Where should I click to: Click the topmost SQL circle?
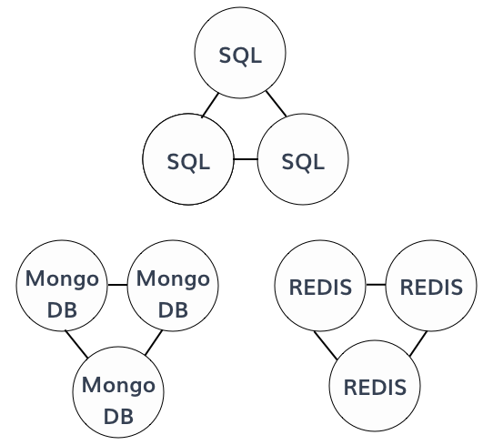point(240,53)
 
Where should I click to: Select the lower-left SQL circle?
point(188,159)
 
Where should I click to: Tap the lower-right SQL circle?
point(303,159)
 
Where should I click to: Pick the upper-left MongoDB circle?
point(62,286)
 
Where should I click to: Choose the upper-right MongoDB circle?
point(173,286)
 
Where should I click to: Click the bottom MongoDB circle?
point(118,392)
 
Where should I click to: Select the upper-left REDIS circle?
point(320,286)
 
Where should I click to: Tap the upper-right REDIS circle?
point(431,286)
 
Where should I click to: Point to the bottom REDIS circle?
point(375,386)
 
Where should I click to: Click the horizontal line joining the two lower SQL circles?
point(246,159)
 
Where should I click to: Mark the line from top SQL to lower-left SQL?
point(210,106)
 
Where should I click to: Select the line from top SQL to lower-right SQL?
point(277,104)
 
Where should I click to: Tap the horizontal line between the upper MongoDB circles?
point(117,285)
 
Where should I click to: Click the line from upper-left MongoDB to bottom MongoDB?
point(76,344)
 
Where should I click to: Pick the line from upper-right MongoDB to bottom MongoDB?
point(154,342)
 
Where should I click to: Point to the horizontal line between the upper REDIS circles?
point(376,285)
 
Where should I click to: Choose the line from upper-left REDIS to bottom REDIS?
point(326,345)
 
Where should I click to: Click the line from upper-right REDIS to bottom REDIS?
point(418,343)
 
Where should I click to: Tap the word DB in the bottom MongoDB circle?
point(118,416)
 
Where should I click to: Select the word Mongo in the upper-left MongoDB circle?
point(62,278)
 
